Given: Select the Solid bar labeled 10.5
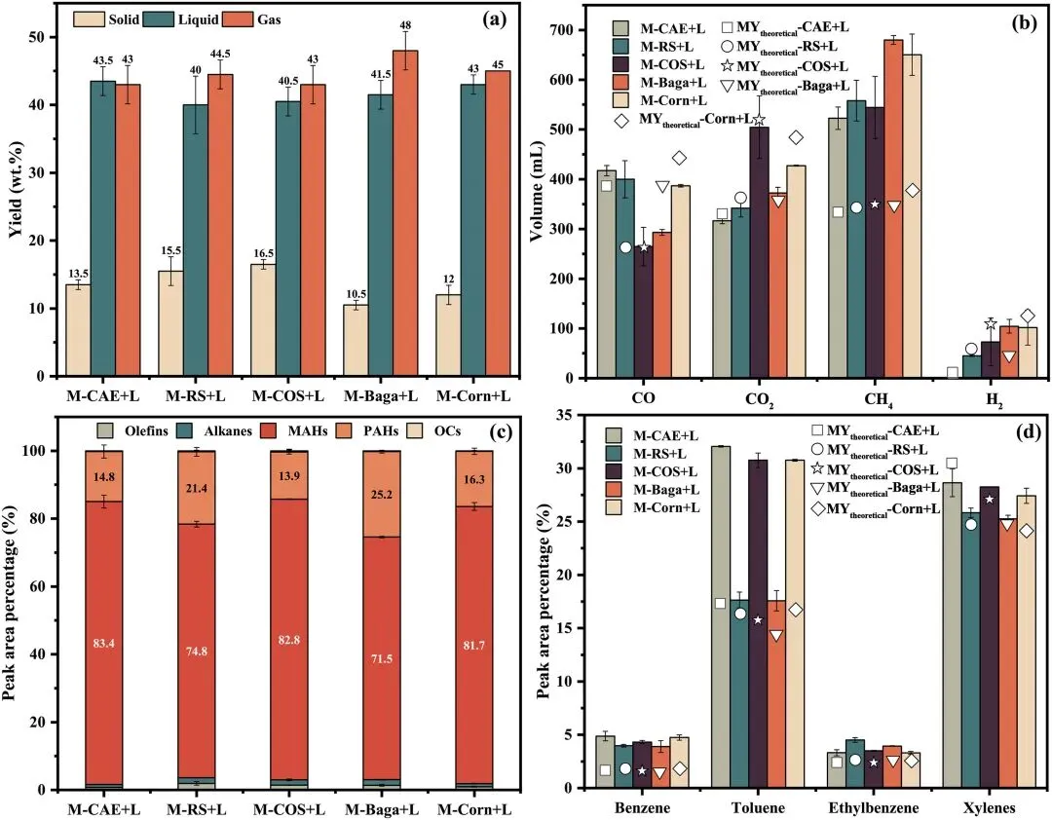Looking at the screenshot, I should [358, 340].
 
